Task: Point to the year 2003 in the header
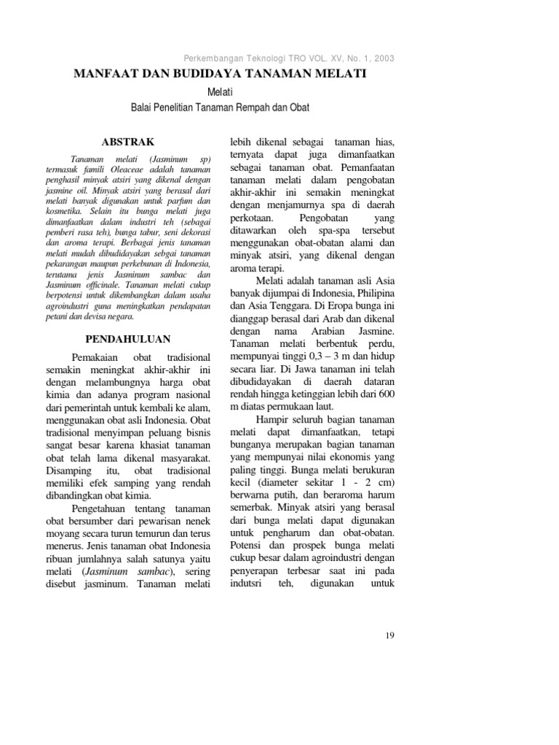pyautogui.click(x=382, y=58)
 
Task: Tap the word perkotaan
pyautogui.click(x=251, y=218)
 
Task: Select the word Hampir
pyautogui.click(x=273, y=419)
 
